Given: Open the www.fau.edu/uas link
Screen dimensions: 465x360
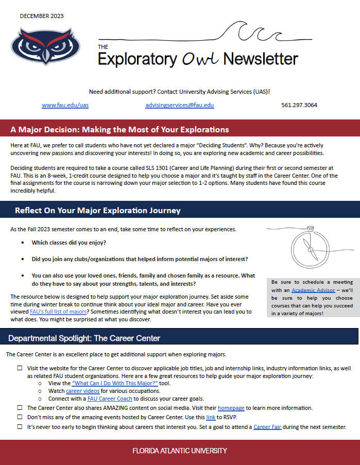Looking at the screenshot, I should pyautogui.click(x=61, y=105).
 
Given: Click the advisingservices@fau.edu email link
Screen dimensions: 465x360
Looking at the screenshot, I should pyautogui.click(x=180, y=105).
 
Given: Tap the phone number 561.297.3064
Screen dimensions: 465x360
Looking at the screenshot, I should pyautogui.click(x=299, y=105).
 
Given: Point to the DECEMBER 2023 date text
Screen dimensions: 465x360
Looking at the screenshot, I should pyautogui.click(x=42, y=16).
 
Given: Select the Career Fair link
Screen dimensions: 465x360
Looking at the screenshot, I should pyautogui.click(x=267, y=427).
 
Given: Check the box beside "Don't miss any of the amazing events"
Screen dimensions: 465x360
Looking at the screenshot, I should pyautogui.click(x=20, y=417).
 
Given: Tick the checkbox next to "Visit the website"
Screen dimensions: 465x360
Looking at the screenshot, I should pyautogui.click(x=20, y=368).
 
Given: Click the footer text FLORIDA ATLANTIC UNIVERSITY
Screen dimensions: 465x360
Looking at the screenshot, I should pyautogui.click(x=180, y=451).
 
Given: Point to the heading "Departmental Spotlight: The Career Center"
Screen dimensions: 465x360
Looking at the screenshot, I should pyautogui.click(x=84, y=338).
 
